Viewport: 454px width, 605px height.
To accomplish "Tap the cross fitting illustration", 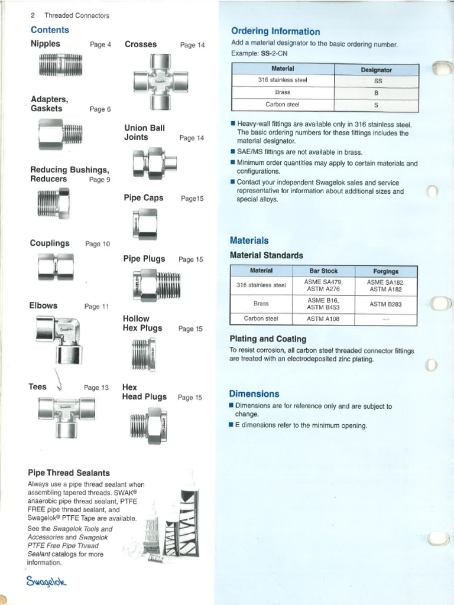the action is click(161, 82).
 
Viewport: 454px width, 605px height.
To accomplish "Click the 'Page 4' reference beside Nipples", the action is click(100, 44).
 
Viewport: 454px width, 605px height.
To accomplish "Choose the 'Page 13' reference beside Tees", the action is click(96, 388).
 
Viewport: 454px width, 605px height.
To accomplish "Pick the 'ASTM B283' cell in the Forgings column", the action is click(385, 304).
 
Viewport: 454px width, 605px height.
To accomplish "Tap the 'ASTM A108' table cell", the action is click(323, 318).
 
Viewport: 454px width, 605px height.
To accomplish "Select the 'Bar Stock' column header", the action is click(323, 271).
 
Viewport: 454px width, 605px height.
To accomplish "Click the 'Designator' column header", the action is click(377, 70).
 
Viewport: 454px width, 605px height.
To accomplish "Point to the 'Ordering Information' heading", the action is click(275, 31).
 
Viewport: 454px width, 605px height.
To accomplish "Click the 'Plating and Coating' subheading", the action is click(268, 339).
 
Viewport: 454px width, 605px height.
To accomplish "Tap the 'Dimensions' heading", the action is click(254, 393).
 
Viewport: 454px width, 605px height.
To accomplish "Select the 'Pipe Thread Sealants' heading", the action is click(69, 473).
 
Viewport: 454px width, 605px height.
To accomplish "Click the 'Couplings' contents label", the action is click(50, 243).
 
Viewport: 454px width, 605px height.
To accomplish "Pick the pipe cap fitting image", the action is click(145, 224).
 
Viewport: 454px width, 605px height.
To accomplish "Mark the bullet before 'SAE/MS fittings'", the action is click(232, 152).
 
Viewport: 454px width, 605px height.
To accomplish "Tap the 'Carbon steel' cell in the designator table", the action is click(282, 105).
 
